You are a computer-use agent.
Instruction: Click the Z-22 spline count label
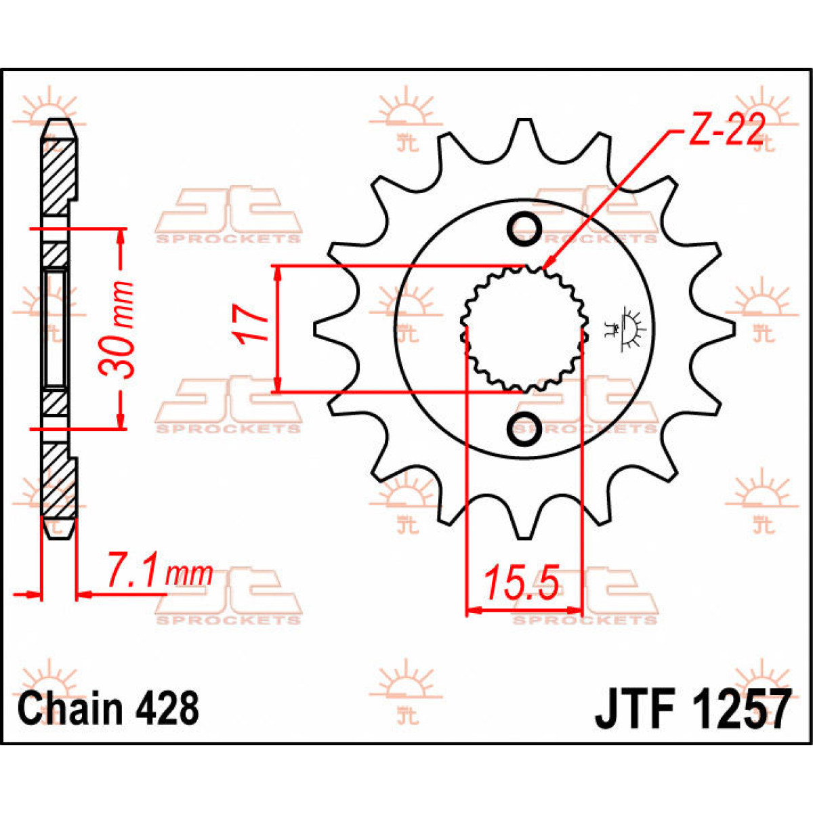(x=727, y=130)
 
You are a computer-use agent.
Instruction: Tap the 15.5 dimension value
(x=520, y=583)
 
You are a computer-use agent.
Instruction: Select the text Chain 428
(x=108, y=708)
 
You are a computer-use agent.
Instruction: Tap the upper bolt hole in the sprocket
(x=524, y=228)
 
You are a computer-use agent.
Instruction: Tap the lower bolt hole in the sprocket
(x=524, y=428)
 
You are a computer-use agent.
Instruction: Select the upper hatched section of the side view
(x=57, y=173)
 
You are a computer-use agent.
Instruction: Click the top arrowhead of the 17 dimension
(x=276, y=272)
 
